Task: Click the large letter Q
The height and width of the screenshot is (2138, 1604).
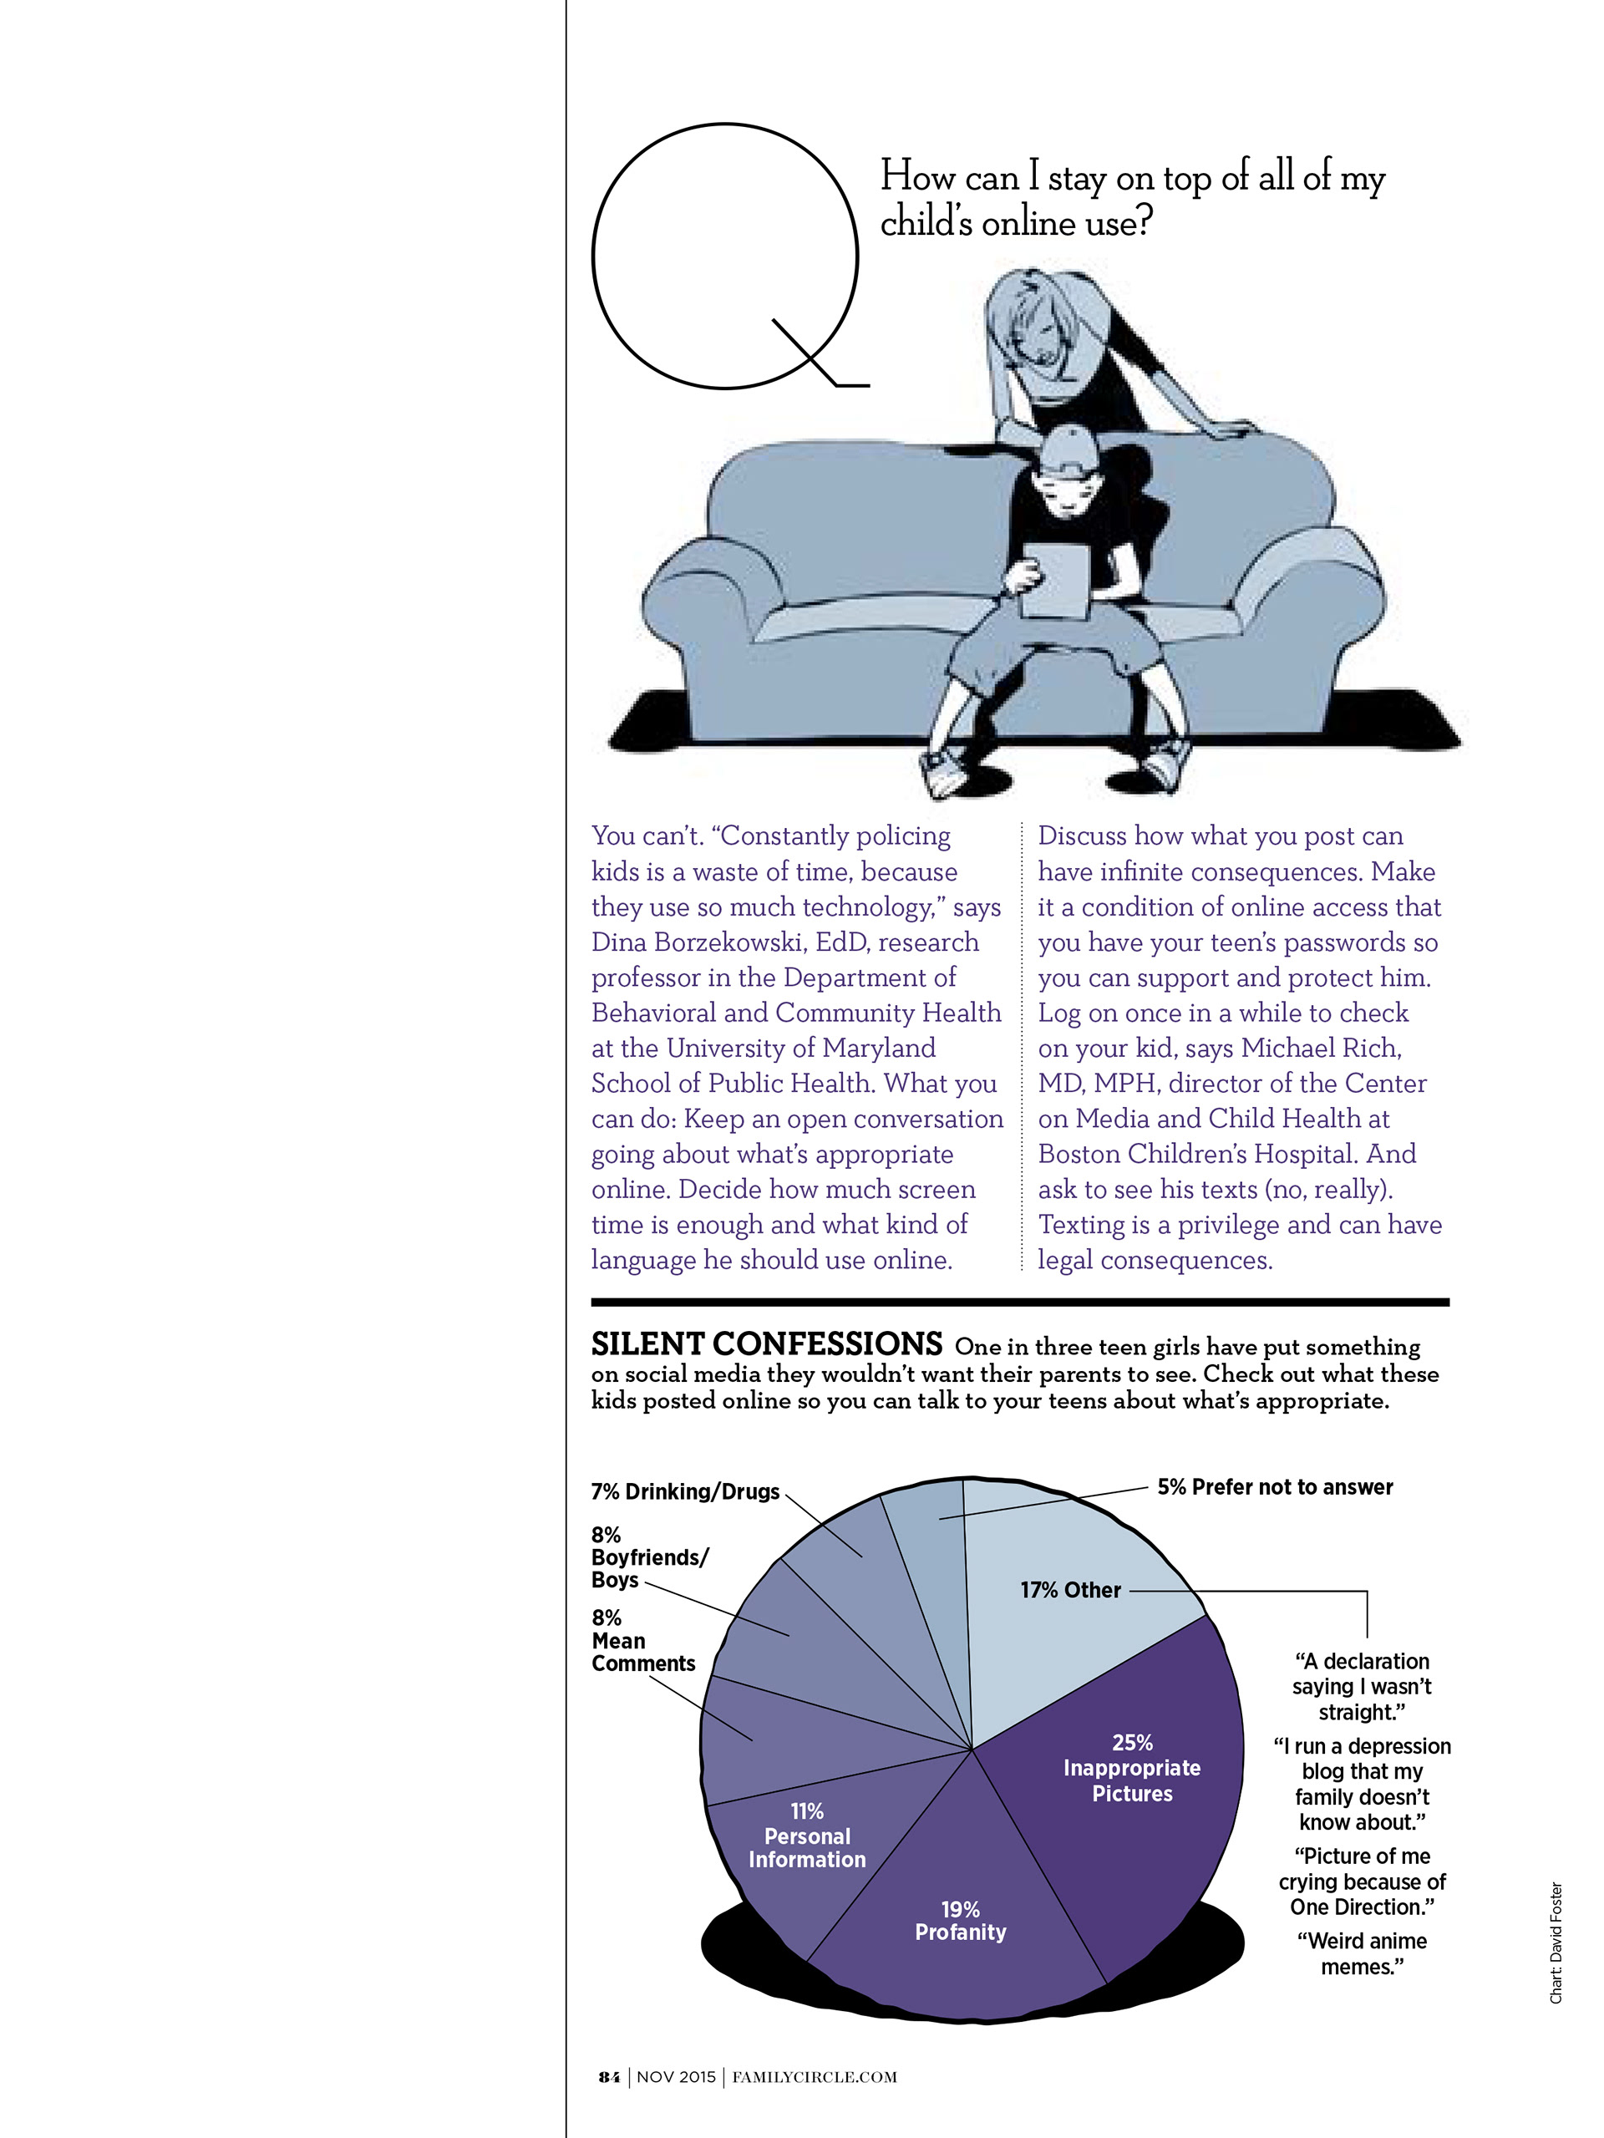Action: pos(724,256)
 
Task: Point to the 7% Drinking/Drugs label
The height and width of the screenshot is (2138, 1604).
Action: pos(685,1491)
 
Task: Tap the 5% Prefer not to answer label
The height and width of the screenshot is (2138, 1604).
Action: pos(1275,1486)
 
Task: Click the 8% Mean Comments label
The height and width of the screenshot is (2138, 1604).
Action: pos(642,1640)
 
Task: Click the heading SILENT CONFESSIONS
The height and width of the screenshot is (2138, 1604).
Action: pos(766,1344)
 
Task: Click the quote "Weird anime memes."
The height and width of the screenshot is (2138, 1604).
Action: pos(1362,1953)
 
